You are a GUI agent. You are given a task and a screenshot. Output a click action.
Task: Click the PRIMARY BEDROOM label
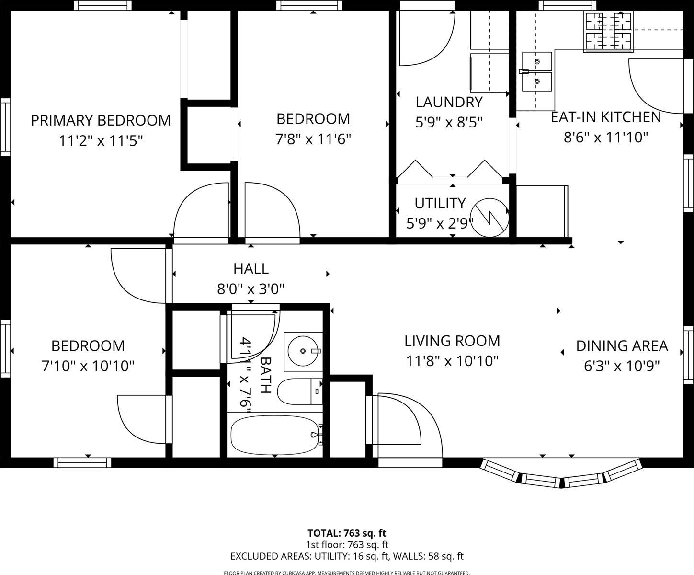click(x=101, y=120)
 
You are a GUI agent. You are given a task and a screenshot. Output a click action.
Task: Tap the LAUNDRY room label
click(x=449, y=102)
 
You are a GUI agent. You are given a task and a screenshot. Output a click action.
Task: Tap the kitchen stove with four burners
click(x=608, y=32)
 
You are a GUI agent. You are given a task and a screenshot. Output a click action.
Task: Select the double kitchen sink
click(x=536, y=72)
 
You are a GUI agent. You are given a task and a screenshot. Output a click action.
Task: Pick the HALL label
click(x=251, y=268)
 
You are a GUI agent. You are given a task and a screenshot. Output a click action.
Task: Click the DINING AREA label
click(x=622, y=345)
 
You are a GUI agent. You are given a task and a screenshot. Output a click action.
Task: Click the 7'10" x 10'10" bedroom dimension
click(x=88, y=366)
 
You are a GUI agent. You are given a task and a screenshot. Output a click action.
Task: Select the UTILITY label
click(x=440, y=203)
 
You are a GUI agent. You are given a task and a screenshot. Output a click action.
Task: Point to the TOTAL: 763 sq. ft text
click(x=347, y=533)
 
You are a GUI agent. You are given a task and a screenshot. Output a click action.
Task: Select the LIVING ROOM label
click(x=452, y=341)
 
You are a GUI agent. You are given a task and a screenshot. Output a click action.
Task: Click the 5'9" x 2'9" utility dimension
click(x=440, y=223)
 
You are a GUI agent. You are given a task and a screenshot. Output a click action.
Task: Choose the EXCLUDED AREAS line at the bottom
click(x=347, y=556)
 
